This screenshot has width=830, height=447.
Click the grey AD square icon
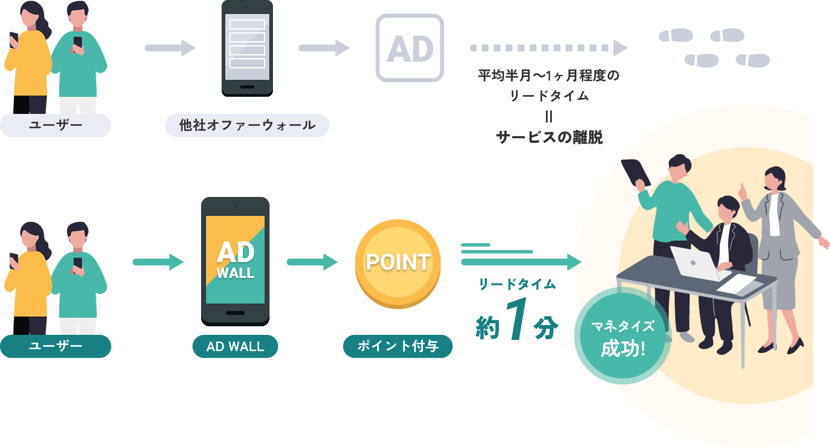click(409, 48)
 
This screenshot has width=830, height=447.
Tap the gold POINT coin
click(398, 263)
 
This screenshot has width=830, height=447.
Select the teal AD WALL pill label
click(235, 346)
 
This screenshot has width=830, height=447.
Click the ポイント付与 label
click(397, 346)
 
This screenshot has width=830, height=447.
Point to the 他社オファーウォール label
click(247, 125)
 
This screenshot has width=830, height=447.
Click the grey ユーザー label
click(55, 125)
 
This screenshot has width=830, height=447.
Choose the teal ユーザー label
click(55, 346)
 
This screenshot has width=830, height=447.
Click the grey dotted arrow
click(548, 48)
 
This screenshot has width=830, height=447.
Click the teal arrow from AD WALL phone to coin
click(312, 262)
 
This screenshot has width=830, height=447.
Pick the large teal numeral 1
click(516, 319)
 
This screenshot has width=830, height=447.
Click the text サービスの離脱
click(549, 137)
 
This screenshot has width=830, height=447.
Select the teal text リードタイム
click(517, 284)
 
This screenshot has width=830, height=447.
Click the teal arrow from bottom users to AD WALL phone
click(158, 262)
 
